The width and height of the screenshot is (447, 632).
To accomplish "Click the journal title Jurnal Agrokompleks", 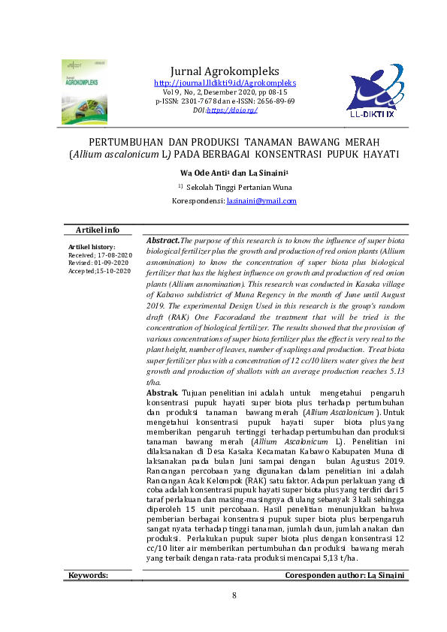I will click(x=225, y=70).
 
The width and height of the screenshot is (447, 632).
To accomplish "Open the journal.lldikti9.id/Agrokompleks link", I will click(x=225, y=83).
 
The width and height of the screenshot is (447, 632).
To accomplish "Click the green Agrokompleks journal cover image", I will click(x=84, y=92).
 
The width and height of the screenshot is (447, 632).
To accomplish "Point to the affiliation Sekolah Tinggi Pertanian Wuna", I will click(x=234, y=187).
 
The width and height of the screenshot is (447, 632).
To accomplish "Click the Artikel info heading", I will click(x=97, y=230).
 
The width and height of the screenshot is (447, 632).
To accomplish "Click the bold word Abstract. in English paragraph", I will click(x=163, y=240).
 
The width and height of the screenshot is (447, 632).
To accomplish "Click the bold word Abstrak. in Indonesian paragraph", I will click(x=162, y=393).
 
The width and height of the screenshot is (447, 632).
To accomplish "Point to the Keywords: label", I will click(x=88, y=576).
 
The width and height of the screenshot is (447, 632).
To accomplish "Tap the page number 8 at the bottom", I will click(x=234, y=596).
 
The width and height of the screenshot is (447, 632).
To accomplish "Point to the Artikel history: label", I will click(x=91, y=247).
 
